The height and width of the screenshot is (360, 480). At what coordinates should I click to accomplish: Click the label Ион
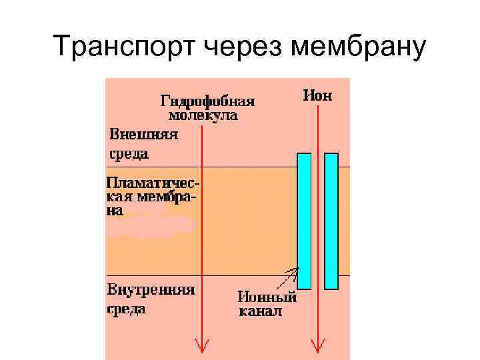click(317, 95)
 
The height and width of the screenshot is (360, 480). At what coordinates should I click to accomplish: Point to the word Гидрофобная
click(208, 101)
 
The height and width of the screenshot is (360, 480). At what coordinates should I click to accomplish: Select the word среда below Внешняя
click(128, 153)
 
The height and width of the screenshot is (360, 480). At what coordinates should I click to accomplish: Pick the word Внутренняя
click(151, 290)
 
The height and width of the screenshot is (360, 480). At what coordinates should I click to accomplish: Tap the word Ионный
click(267, 297)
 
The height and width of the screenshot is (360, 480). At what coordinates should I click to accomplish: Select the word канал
click(260, 311)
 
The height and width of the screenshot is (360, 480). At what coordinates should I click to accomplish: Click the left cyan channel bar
click(304, 220)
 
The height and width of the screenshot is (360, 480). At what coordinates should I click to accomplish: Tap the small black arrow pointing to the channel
click(291, 274)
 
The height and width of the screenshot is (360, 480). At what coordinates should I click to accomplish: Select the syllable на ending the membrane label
click(115, 211)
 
